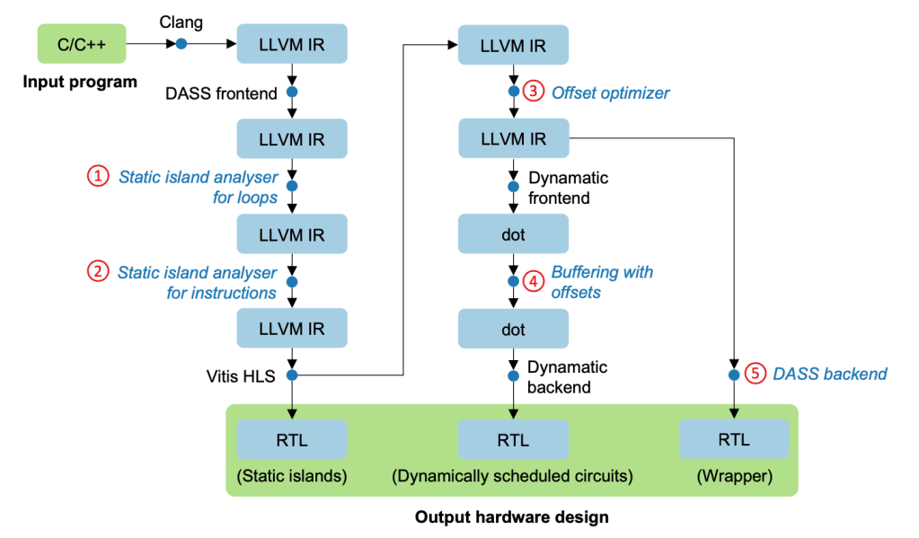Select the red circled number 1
click(x=96, y=176)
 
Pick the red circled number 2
click(x=96, y=271)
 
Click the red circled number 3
click(x=534, y=92)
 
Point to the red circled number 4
click(x=534, y=281)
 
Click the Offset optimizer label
click(x=611, y=93)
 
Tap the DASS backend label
click(x=830, y=374)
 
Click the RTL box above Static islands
click(x=292, y=440)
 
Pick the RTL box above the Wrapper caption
click(x=734, y=440)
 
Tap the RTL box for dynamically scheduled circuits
click(x=513, y=440)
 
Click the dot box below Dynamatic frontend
click(x=513, y=234)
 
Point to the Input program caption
click(x=81, y=83)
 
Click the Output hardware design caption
click(x=511, y=517)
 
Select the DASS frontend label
click(x=222, y=93)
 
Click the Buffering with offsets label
click(x=602, y=281)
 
